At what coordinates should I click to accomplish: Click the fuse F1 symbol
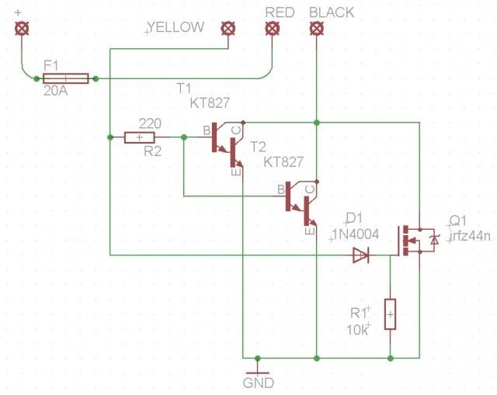(65, 78)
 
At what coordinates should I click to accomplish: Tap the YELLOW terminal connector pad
(228, 29)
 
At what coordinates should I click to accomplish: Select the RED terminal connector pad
(272, 29)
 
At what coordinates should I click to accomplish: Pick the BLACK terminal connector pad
(316, 29)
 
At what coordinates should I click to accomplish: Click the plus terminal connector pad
(22, 29)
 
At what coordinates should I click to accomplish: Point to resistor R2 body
(140, 137)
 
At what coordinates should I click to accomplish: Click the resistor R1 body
(390, 314)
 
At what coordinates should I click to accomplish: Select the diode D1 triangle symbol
(361, 255)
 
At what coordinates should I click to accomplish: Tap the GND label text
(259, 383)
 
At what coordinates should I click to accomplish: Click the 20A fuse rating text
(55, 91)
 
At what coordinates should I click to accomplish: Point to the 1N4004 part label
(356, 234)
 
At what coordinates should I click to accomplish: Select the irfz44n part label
(470, 236)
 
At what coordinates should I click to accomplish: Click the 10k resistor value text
(357, 331)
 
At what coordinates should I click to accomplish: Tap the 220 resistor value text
(150, 123)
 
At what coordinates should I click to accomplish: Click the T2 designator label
(258, 147)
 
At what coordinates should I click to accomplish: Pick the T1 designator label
(184, 88)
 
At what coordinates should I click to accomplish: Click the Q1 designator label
(458, 221)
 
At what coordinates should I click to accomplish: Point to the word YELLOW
(176, 27)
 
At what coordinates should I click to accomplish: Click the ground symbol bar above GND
(257, 373)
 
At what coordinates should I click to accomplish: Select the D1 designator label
(354, 218)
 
